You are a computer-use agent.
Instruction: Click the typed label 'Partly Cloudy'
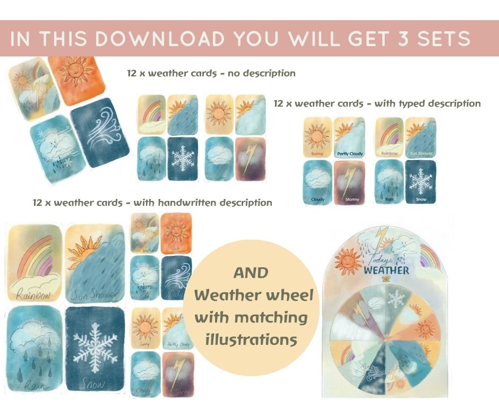coord(350,154)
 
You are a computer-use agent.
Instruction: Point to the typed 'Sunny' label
coord(317,154)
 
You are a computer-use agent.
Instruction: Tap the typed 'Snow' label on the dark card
coord(420,199)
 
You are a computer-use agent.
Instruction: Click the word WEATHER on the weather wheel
coord(386,270)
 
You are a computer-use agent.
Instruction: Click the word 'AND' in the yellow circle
coord(251,273)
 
